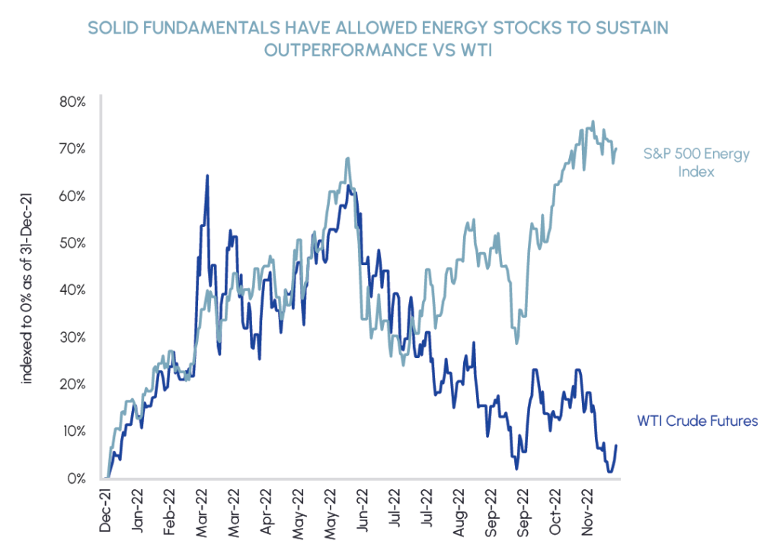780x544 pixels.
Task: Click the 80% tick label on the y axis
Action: pyautogui.click(x=72, y=101)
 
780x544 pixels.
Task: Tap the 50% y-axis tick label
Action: pyautogui.click(x=72, y=242)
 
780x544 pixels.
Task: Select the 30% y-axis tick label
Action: pyautogui.click(x=72, y=337)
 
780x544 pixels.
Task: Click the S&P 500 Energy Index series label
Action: pyautogui.click(x=696, y=162)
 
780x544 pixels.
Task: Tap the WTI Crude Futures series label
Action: pyautogui.click(x=697, y=421)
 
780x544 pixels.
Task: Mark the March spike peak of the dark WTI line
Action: pyautogui.click(x=206, y=176)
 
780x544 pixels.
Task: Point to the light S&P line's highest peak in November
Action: pyautogui.click(x=593, y=121)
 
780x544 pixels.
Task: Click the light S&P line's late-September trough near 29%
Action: pyautogui.click(x=516, y=343)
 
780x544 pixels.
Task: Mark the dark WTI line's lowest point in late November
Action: pyautogui.click(x=610, y=472)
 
